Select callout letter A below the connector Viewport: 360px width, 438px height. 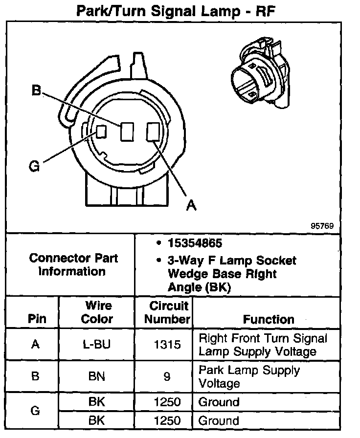[191, 205]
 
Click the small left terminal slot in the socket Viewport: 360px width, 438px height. [101, 131]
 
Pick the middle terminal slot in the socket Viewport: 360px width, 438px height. [127, 131]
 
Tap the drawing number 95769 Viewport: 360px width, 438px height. [322, 226]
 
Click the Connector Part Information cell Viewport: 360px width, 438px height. [73, 264]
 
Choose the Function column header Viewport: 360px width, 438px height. [269, 319]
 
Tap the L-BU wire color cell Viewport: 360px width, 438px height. [96, 345]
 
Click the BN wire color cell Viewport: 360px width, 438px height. [96, 376]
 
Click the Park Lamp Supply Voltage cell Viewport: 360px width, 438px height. [248, 376]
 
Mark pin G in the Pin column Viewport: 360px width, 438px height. [35, 411]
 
